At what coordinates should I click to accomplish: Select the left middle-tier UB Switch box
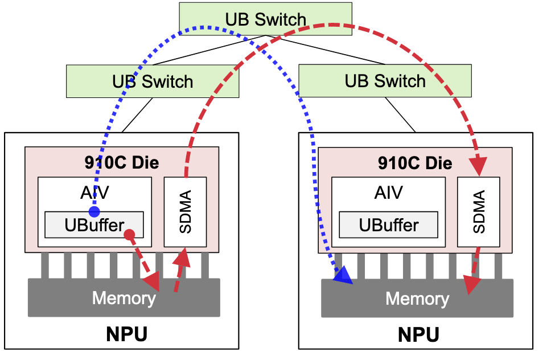click(x=153, y=81)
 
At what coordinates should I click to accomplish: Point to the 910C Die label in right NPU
click(x=415, y=163)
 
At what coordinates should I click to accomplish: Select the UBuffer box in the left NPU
click(x=94, y=225)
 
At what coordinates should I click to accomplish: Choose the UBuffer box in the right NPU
click(x=388, y=225)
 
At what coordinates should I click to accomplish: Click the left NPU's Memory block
click(x=124, y=297)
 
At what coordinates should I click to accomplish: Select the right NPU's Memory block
click(x=417, y=298)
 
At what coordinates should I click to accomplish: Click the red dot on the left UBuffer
click(x=129, y=234)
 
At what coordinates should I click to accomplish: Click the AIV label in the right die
click(x=388, y=192)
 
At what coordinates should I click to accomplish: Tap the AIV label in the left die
click(x=94, y=192)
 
